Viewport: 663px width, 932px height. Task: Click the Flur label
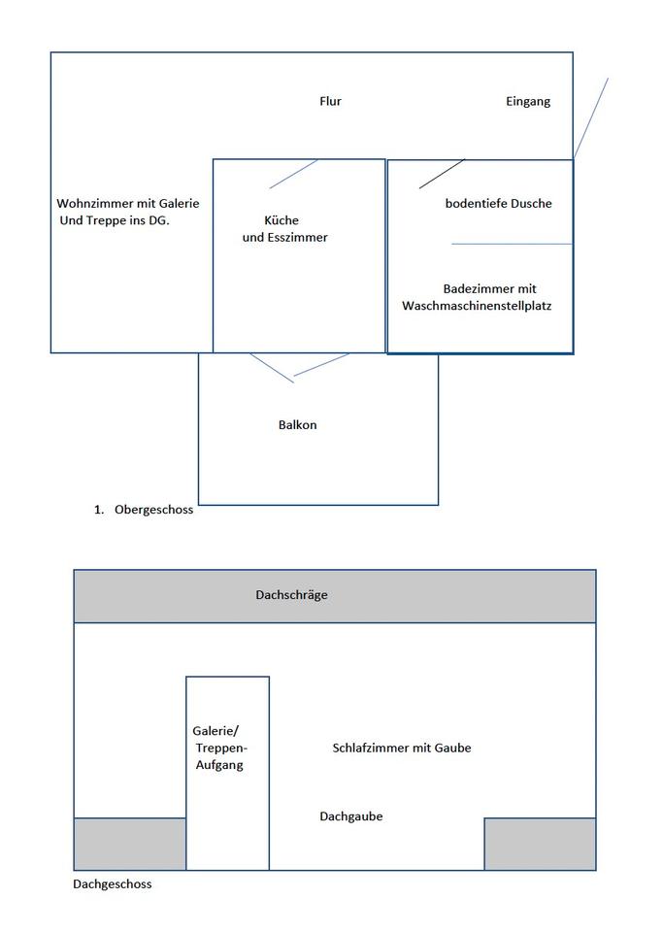(330, 101)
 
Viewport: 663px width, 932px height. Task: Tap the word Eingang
(528, 101)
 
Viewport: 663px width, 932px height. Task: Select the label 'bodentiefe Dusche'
(498, 204)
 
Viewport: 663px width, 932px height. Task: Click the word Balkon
(297, 425)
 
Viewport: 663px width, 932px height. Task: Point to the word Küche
(282, 220)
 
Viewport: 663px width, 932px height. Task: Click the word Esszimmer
(298, 237)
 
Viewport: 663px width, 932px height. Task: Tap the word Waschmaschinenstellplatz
(477, 306)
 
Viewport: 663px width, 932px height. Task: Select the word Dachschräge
(291, 595)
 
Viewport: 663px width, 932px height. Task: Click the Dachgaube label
(350, 816)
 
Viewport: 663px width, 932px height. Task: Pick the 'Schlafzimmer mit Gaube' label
(401, 748)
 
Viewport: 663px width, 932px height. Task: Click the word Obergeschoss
(153, 511)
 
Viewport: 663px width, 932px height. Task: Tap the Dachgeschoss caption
(113, 884)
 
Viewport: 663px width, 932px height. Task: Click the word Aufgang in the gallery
(218, 765)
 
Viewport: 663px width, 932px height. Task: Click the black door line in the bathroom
(442, 173)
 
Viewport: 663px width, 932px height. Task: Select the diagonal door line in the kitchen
(293, 174)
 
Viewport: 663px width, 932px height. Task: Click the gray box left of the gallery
(129, 844)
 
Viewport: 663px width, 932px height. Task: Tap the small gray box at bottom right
(540, 844)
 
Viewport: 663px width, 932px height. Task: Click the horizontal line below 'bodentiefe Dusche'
(511, 244)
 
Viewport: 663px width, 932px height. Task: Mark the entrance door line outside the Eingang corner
(591, 117)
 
